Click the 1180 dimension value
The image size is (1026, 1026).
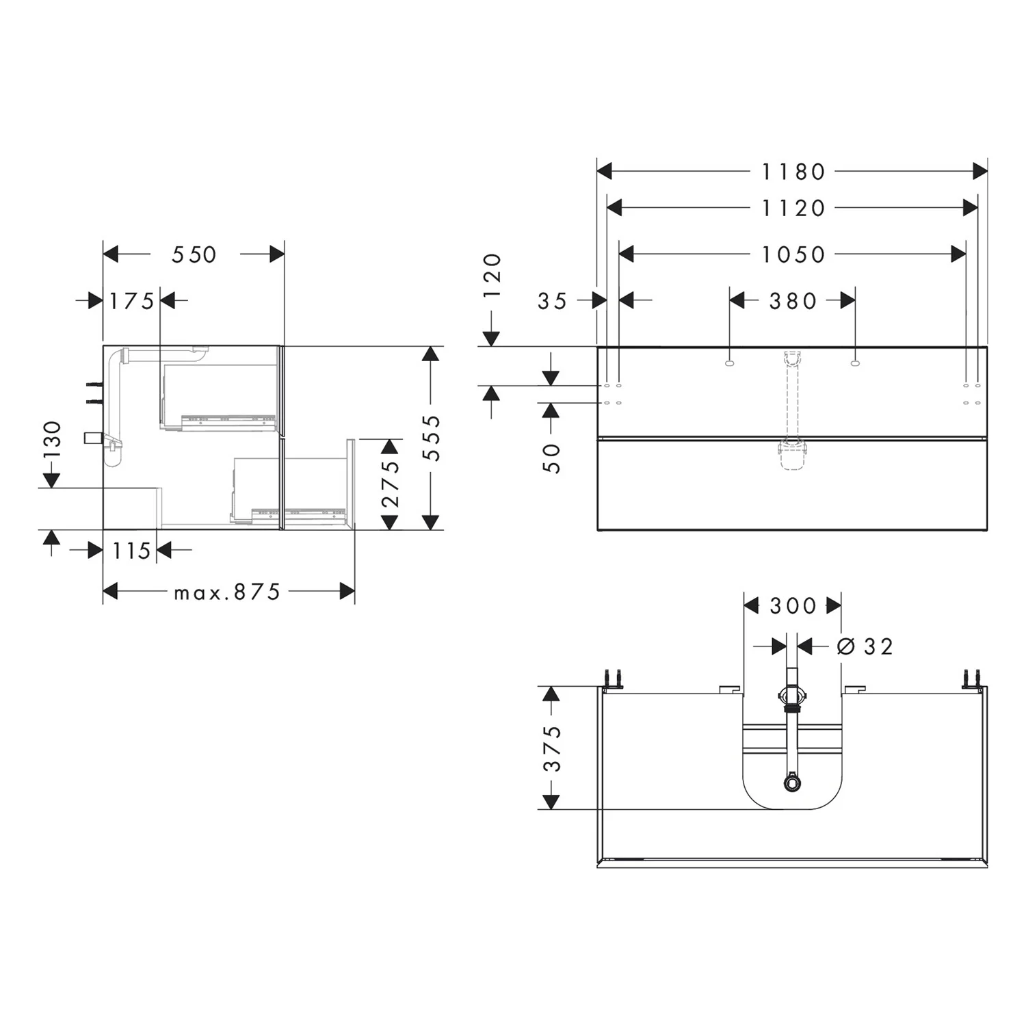coord(793,172)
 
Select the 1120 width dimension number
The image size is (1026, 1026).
coord(793,208)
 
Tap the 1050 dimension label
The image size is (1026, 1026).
coord(793,254)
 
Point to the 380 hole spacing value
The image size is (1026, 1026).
coord(793,300)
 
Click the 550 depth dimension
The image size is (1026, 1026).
coord(194,254)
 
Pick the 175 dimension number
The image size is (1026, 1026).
coord(132,300)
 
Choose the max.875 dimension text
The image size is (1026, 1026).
coord(227,592)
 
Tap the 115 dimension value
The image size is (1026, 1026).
coord(131,550)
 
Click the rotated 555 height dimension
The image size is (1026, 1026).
coord(432,438)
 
